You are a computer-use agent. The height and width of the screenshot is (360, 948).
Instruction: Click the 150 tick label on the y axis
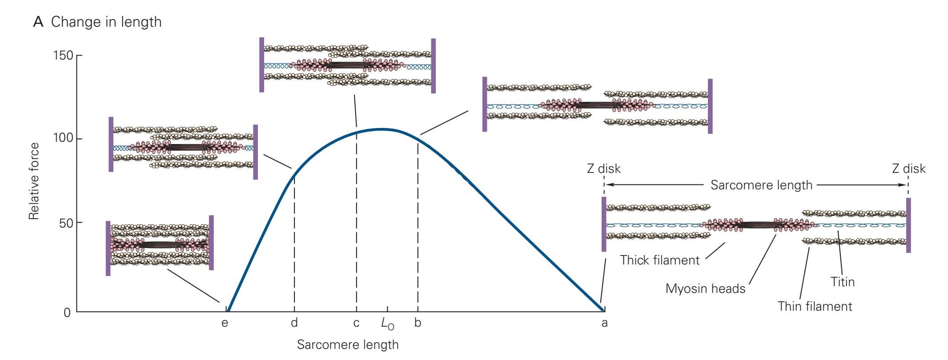click(x=61, y=56)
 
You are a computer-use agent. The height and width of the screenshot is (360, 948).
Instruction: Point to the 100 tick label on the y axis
click(x=61, y=139)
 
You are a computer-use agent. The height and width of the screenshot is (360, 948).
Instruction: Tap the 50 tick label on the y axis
click(x=64, y=223)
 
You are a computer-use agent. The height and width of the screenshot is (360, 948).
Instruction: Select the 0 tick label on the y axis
click(x=67, y=312)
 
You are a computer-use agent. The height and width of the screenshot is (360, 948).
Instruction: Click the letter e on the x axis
click(x=225, y=323)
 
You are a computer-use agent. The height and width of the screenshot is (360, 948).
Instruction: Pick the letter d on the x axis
click(x=294, y=323)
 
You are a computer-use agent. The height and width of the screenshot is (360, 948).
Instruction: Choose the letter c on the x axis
click(x=356, y=323)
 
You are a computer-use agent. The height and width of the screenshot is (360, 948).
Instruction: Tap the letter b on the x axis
click(x=418, y=323)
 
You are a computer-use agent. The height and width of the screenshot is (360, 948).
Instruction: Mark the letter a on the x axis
click(x=604, y=323)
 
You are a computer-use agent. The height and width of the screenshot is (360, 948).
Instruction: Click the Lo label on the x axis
click(x=387, y=324)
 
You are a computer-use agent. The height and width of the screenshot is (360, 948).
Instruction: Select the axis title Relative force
click(x=34, y=181)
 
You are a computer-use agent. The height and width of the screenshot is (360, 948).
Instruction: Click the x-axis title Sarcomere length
click(x=348, y=345)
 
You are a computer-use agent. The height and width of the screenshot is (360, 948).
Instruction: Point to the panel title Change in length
click(x=106, y=22)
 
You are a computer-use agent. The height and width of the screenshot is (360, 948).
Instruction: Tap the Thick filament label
click(x=660, y=260)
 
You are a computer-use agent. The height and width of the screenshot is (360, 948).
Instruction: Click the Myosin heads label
click(x=705, y=289)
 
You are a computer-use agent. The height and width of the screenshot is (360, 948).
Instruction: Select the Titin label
click(x=843, y=282)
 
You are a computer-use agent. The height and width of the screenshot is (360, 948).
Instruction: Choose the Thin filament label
click(x=815, y=306)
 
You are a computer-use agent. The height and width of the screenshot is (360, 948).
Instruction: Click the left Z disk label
click(x=604, y=169)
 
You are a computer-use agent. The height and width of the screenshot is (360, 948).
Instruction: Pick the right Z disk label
click(x=909, y=169)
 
